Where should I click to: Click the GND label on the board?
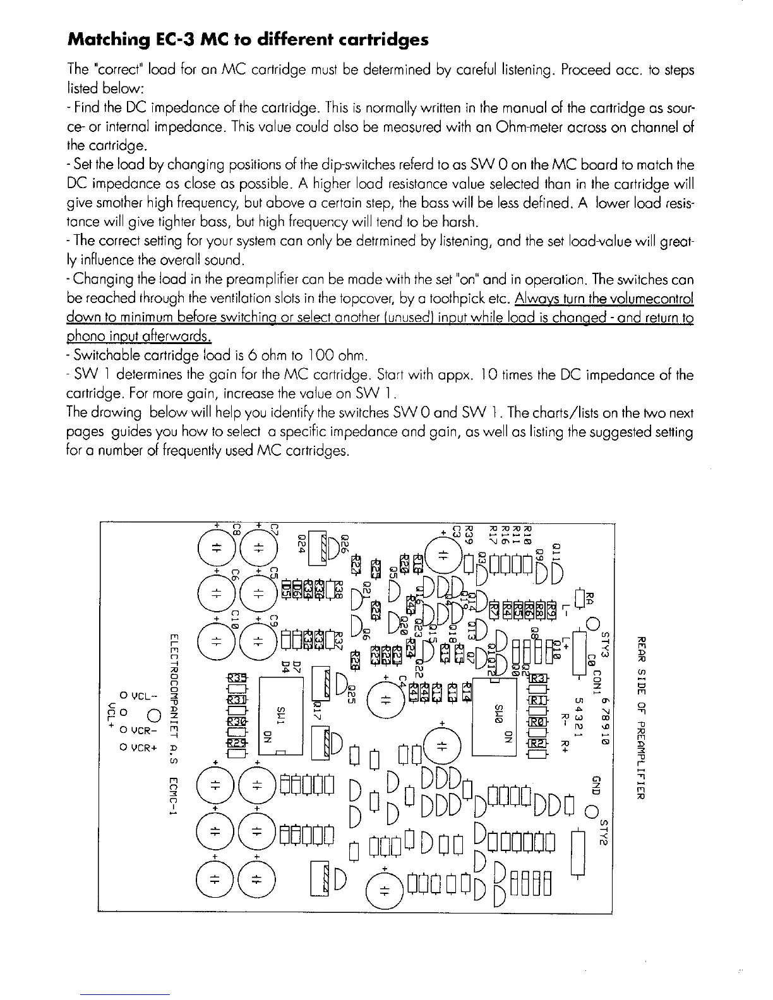[x=594, y=783]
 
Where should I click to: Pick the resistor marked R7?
[x=494, y=610]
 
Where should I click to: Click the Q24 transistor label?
[x=302, y=544]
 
